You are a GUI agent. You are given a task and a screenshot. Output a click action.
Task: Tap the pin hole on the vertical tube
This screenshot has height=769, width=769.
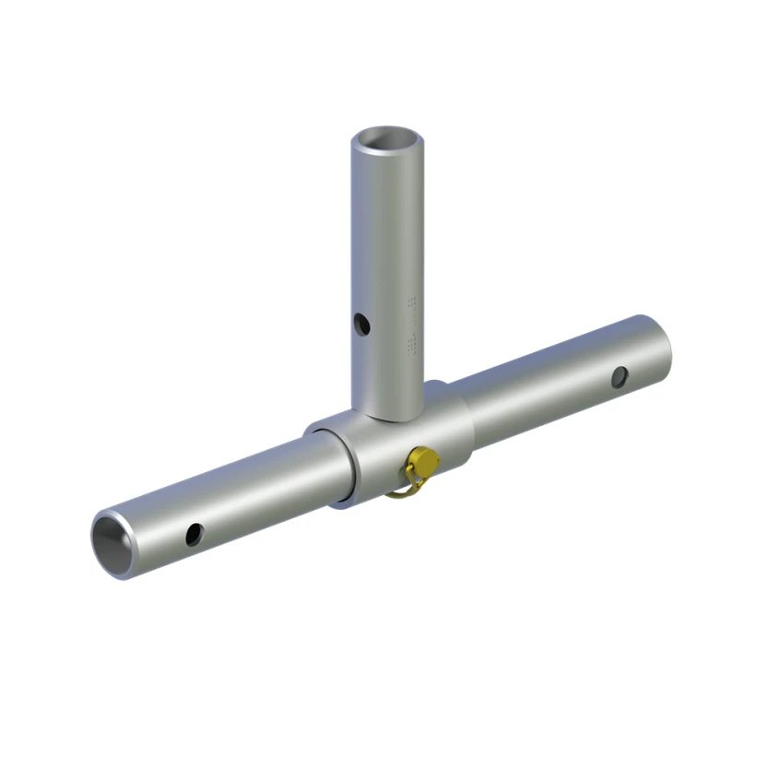point(362,325)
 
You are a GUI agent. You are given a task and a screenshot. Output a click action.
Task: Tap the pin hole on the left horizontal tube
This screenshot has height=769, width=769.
point(194,534)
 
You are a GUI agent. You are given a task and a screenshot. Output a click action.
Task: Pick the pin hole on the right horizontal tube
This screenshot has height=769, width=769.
point(620,376)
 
